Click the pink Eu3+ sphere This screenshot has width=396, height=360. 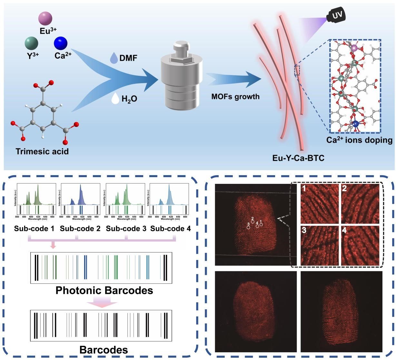coord(45,18)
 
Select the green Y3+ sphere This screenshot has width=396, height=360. coord(32,43)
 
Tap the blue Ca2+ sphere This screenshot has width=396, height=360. coord(61,43)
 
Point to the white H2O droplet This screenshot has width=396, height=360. coord(115,98)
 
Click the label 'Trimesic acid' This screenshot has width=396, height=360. coord(42,151)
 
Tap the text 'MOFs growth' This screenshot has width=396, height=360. coord(235,96)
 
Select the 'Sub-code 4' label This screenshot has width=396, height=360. coord(171,228)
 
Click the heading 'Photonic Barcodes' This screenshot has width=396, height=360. coord(104,290)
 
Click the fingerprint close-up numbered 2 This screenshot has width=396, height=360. coord(360,204)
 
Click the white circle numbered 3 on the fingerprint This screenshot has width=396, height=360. coord(248,227)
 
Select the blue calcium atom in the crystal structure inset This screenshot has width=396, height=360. coord(355,123)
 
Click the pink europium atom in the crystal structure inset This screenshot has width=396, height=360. coord(354,48)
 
